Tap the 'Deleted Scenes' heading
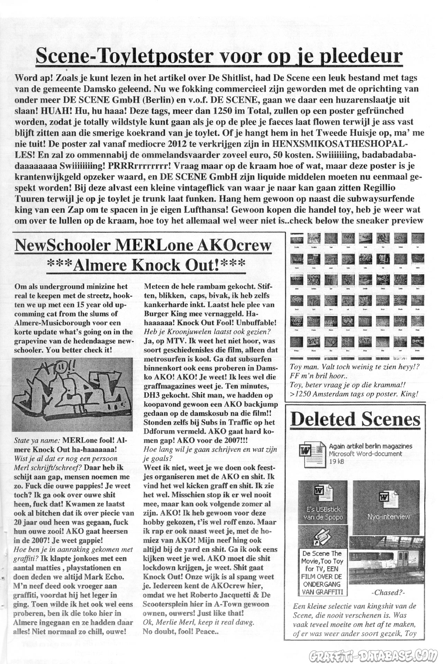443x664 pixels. (355, 419)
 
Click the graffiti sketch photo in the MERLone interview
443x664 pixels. (72, 394)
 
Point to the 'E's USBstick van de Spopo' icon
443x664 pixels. (323, 501)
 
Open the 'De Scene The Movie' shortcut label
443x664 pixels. (323, 572)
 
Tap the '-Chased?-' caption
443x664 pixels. (388, 592)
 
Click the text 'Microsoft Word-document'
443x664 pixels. (365, 454)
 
